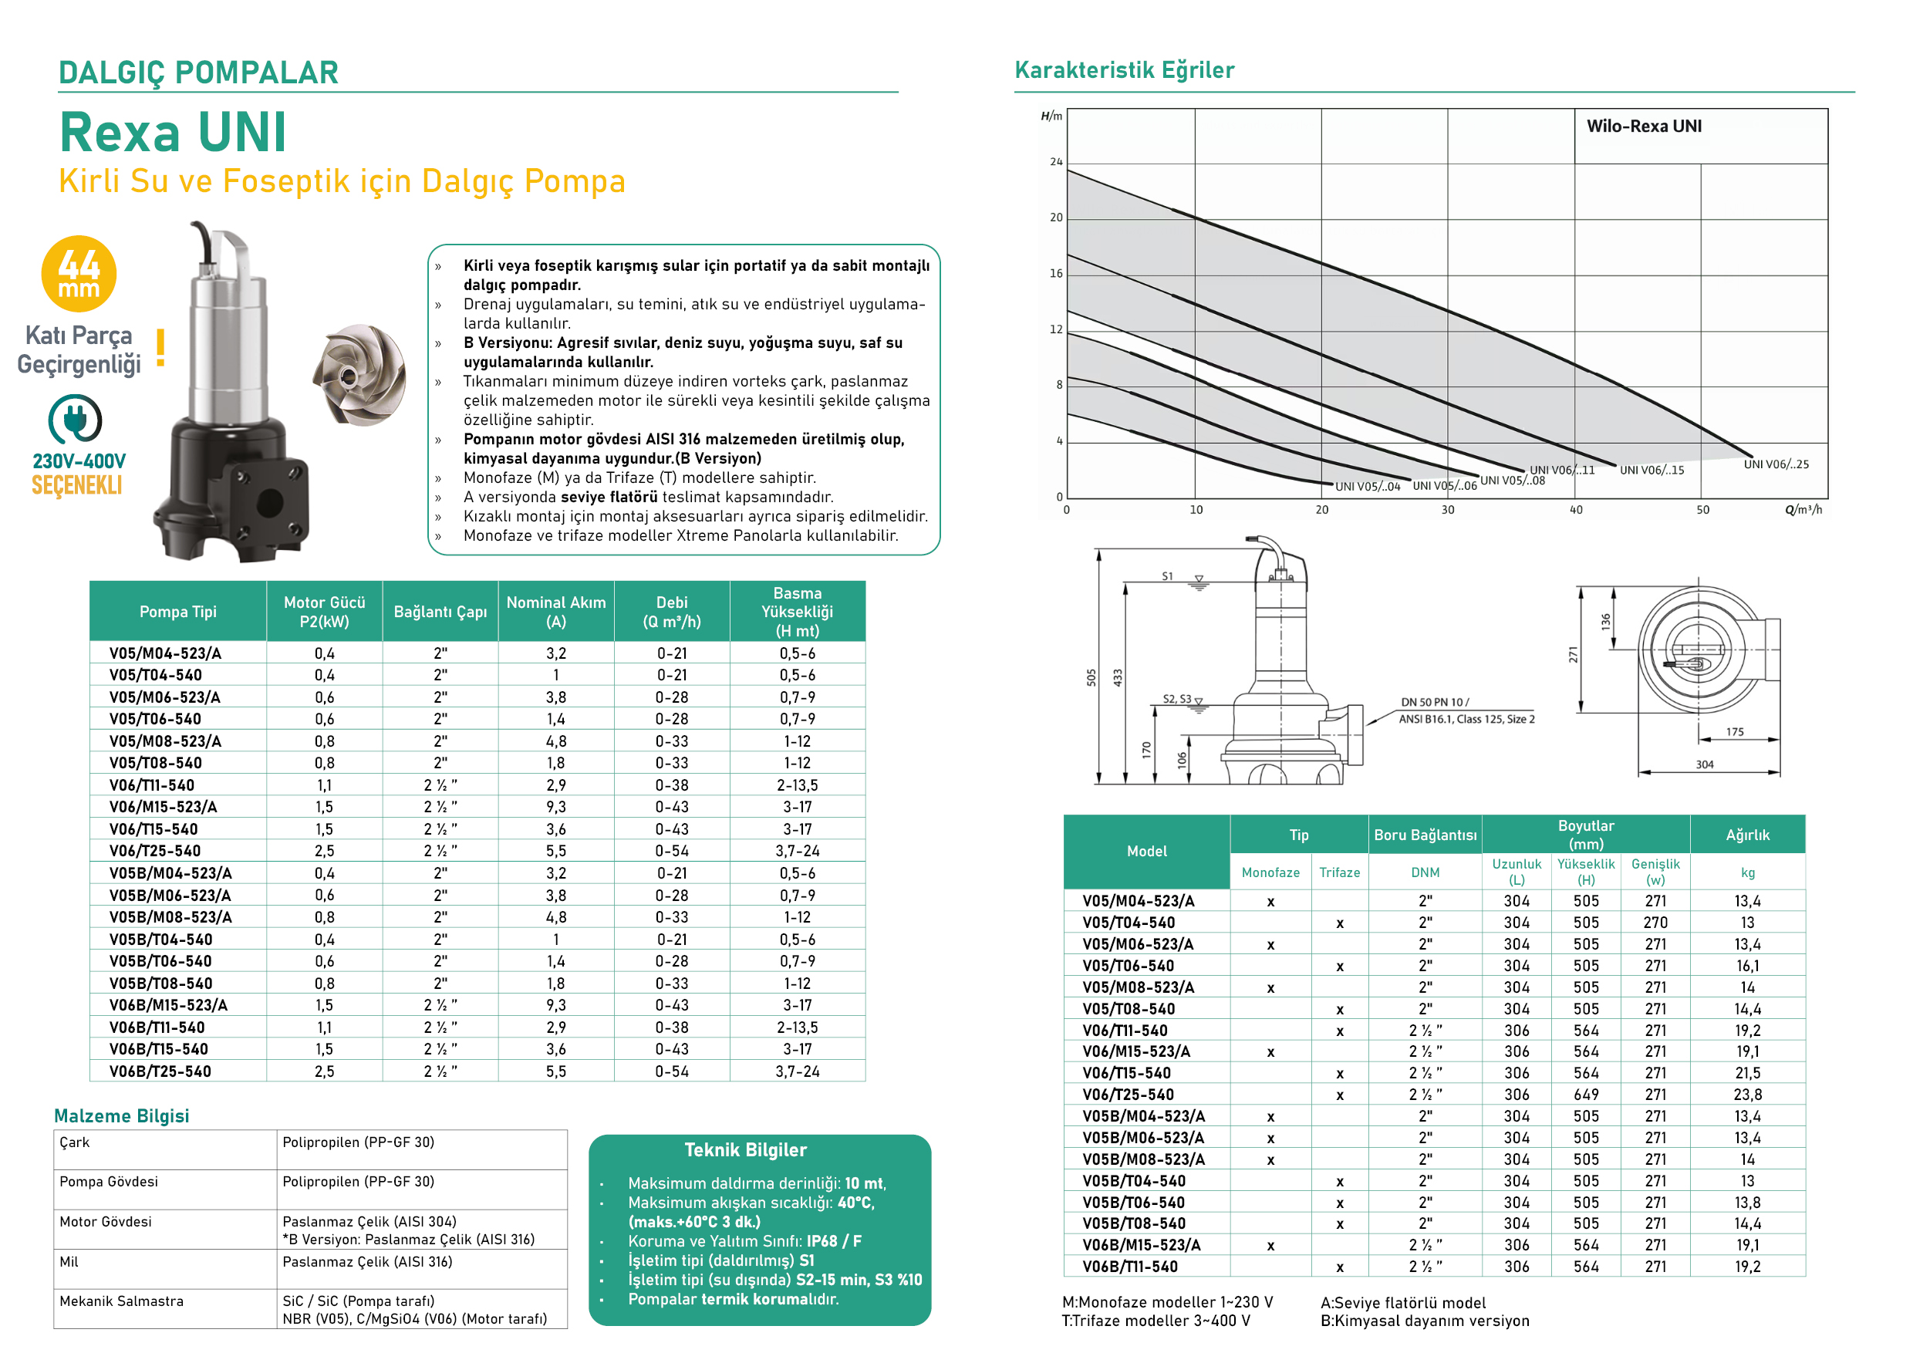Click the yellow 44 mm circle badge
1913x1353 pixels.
tap(79, 273)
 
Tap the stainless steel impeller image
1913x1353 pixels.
tap(360, 374)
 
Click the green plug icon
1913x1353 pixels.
tap(75, 418)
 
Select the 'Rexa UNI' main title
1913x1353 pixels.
tap(174, 133)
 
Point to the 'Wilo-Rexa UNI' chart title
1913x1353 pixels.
tap(1643, 127)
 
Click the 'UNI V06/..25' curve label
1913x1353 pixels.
tap(1776, 465)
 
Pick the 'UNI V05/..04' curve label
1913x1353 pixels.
tap(1368, 487)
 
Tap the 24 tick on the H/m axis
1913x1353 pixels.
tap(1056, 162)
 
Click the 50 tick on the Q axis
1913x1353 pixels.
tap(1702, 510)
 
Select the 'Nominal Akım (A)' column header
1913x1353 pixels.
tap(555, 612)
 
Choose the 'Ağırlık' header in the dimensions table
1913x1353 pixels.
tap(1747, 835)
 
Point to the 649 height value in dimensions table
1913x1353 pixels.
tap(1586, 1095)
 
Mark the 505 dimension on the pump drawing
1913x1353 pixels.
tap(1091, 677)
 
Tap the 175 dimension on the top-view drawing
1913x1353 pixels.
tap(1735, 731)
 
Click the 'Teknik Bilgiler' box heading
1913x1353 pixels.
tap(745, 1149)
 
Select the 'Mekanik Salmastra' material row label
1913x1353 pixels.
tap(122, 1301)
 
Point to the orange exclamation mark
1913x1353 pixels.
tap(160, 347)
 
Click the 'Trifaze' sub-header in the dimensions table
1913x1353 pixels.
tap(1339, 872)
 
